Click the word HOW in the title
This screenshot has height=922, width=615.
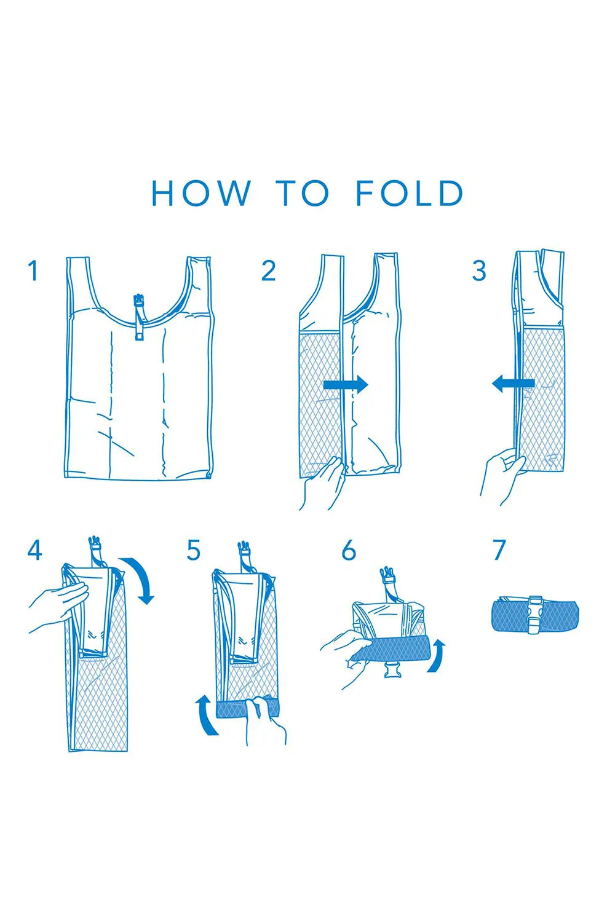click(x=201, y=193)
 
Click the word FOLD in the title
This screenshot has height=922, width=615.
click(x=410, y=193)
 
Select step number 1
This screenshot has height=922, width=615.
click(x=33, y=270)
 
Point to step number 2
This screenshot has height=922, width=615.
click(x=269, y=270)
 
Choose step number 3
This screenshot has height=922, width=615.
click(x=479, y=270)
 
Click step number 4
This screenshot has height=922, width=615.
click(x=34, y=550)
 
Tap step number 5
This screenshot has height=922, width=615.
click(x=193, y=550)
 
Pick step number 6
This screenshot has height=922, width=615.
click(x=349, y=550)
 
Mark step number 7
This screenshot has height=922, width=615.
click(x=499, y=550)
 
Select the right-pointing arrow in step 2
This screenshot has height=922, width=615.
click(x=346, y=384)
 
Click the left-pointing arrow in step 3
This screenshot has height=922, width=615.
click(x=514, y=384)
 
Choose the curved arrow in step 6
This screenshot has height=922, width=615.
click(x=437, y=656)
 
